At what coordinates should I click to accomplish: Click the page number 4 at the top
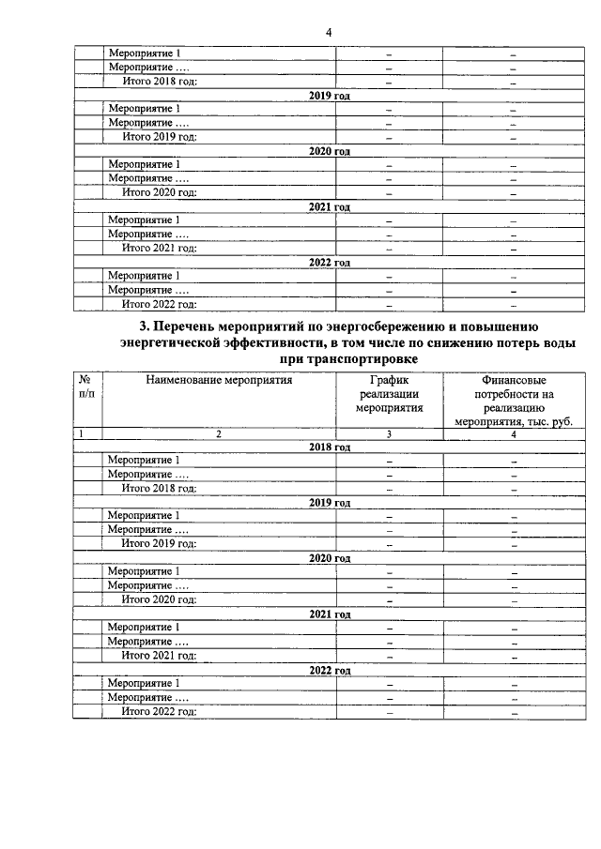coord(329,32)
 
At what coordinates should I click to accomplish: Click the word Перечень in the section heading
coord(184,326)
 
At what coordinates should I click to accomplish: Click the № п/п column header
coord(86,387)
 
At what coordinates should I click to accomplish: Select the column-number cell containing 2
coord(219,434)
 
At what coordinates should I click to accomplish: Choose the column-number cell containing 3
coord(389,434)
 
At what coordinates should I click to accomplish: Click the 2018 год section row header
coord(330,447)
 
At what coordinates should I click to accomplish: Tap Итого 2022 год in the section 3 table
coord(159,713)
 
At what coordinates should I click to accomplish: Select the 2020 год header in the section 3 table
coord(330,558)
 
